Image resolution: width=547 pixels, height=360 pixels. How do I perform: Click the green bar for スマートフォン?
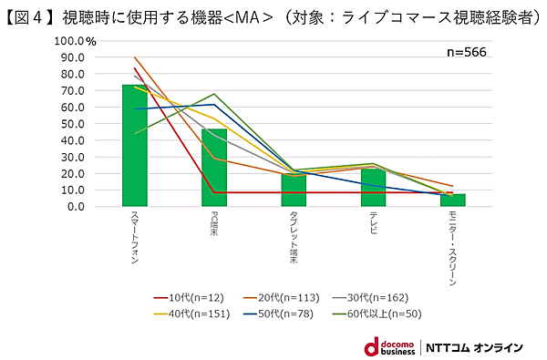(135, 146)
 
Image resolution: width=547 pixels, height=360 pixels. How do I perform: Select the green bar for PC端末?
(214, 168)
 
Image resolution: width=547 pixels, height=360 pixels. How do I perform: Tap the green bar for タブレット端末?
(294, 190)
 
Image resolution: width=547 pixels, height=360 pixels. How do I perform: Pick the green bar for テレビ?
(373, 187)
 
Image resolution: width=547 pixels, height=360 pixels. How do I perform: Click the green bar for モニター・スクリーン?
(452, 201)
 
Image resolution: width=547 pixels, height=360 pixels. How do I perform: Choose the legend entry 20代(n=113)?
(286, 297)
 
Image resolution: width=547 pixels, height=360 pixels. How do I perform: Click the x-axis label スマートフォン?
(134, 240)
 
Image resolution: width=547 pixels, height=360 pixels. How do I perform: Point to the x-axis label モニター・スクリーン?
(452, 249)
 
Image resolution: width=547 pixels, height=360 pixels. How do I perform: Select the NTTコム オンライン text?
(478, 347)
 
